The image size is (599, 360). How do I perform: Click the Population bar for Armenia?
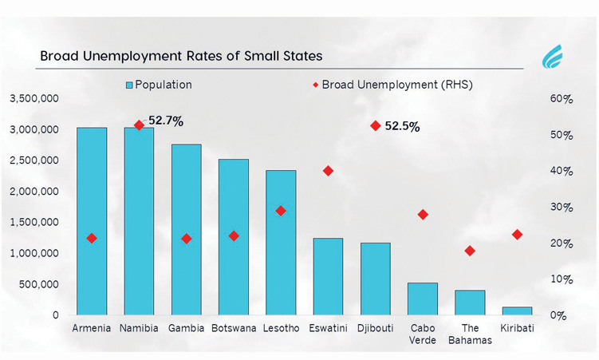tap(92, 221)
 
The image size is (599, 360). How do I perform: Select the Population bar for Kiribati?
tap(518, 311)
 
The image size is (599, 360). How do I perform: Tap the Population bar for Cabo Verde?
tap(423, 299)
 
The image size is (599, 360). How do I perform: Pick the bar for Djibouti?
tap(376, 279)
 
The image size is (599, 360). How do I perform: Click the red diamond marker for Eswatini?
tap(328, 171)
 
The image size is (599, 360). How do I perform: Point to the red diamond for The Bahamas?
tap(470, 251)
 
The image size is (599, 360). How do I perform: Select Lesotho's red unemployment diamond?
tap(281, 211)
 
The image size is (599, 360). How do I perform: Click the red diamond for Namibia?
tap(139, 125)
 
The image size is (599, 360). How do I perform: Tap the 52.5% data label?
tap(402, 126)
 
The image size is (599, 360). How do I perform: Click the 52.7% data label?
tap(166, 121)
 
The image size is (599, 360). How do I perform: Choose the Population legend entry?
tap(159, 85)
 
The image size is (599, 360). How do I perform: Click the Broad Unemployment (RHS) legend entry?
tap(392, 85)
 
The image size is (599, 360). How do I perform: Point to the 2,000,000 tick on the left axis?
tap(34, 191)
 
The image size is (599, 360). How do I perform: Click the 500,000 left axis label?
tap(39, 284)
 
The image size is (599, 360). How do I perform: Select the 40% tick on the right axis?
tap(562, 171)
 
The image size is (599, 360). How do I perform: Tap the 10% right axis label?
tap(562, 279)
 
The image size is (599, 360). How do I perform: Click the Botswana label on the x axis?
tap(234, 328)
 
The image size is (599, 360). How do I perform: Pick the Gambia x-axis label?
tap(187, 328)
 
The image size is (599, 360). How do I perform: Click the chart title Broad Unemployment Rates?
tap(182, 56)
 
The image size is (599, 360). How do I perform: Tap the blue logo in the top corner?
tap(552, 56)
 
